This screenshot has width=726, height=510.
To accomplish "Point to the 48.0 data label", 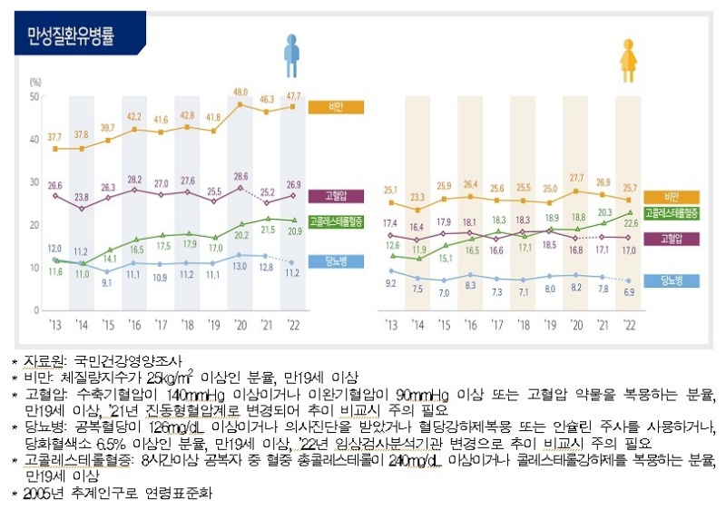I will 240,93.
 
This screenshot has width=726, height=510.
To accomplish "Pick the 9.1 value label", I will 107,283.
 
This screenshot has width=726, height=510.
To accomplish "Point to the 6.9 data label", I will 628,292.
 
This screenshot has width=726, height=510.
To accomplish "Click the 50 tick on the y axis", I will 34,96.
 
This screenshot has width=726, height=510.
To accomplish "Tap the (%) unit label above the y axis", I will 35,83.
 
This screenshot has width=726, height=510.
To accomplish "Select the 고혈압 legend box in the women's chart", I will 671,239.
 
